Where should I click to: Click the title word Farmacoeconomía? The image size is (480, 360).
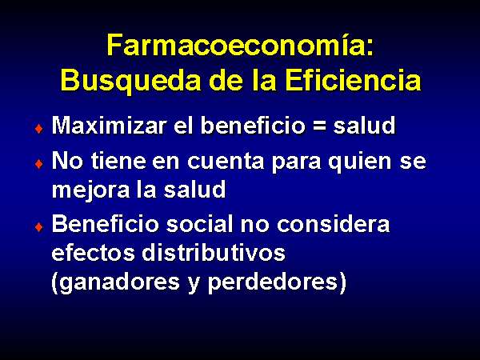(x=240, y=45)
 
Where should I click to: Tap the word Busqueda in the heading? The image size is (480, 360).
(x=130, y=81)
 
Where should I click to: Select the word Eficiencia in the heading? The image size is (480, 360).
(x=353, y=80)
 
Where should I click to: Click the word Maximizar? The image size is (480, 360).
(x=110, y=126)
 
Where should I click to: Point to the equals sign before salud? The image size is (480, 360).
(x=319, y=126)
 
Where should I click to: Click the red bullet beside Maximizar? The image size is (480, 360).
(x=39, y=129)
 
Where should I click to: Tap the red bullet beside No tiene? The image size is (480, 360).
(x=39, y=164)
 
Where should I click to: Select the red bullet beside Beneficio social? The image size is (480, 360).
(x=39, y=227)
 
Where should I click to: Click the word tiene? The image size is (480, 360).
(x=118, y=161)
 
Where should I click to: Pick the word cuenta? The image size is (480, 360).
(x=226, y=161)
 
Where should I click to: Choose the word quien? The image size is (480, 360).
(x=360, y=162)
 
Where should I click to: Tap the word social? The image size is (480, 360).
(x=200, y=224)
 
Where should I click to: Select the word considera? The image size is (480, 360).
(x=333, y=224)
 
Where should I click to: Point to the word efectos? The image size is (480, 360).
(x=93, y=253)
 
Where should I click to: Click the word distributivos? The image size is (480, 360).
(x=214, y=253)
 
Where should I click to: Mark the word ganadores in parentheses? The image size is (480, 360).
(x=116, y=282)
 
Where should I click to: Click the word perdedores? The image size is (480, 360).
(x=277, y=282)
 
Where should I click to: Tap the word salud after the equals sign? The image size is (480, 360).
(x=364, y=126)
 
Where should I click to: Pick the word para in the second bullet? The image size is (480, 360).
(x=296, y=162)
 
